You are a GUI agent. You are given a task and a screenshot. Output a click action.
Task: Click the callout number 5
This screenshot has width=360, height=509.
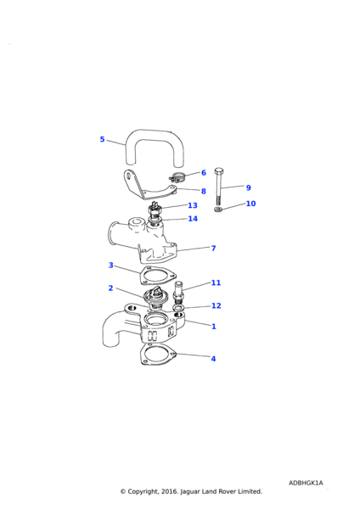point(102,139)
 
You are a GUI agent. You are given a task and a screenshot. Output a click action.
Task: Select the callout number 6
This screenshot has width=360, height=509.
point(204,173)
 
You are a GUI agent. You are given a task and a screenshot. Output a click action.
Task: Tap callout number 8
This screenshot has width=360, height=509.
point(204,191)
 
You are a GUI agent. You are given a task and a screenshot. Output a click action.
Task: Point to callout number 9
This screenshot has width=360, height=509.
point(249,187)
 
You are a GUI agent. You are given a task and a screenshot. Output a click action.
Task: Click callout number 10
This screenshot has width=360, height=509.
point(250,204)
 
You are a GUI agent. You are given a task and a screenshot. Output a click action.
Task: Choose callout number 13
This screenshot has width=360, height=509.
point(193,205)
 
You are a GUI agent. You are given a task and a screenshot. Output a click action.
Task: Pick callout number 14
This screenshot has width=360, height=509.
point(193,219)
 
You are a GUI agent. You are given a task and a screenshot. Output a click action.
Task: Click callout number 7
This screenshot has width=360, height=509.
point(213,249)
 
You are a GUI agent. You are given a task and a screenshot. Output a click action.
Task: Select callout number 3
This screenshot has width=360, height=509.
point(110,266)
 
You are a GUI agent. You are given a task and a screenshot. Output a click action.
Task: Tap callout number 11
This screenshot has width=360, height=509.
point(216,282)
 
